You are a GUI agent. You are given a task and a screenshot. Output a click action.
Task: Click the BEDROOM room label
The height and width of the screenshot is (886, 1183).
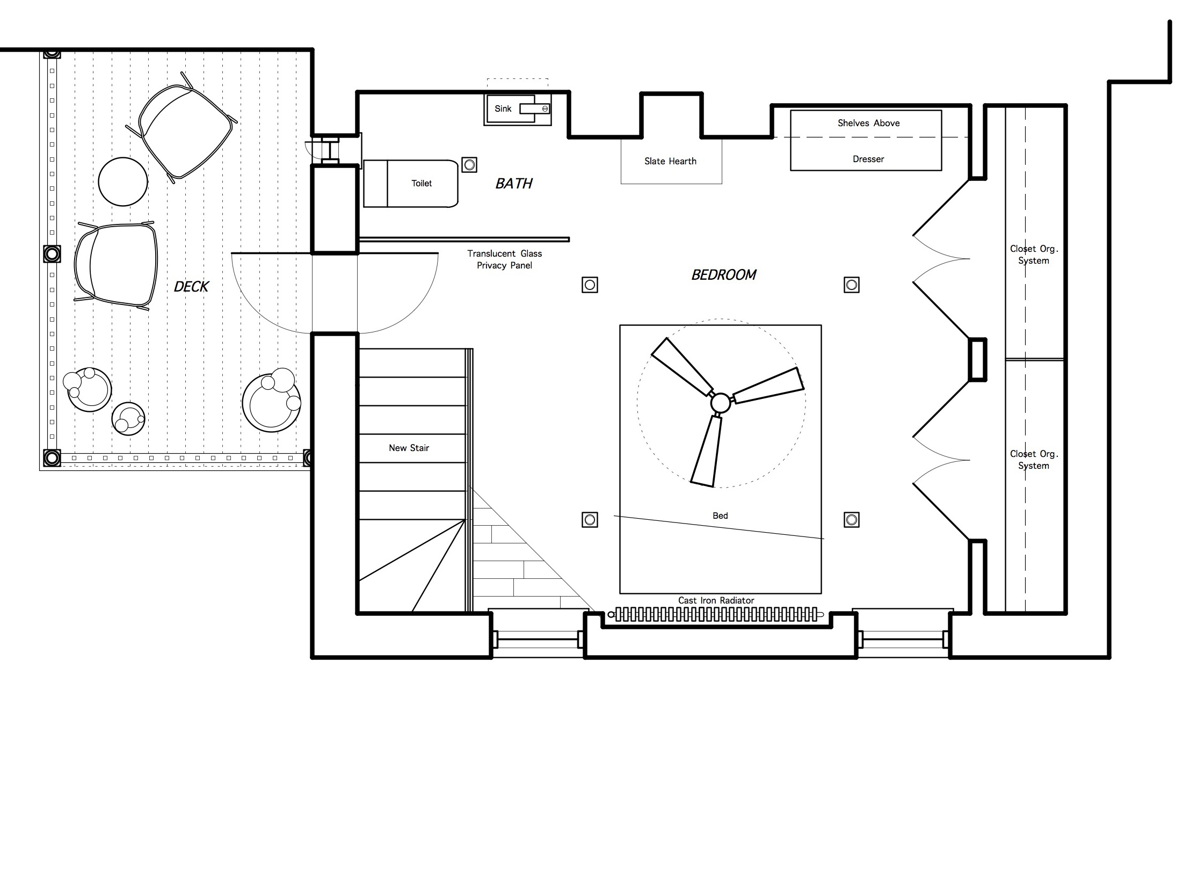(x=724, y=275)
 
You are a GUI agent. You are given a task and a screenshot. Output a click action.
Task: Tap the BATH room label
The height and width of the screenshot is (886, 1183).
(x=514, y=184)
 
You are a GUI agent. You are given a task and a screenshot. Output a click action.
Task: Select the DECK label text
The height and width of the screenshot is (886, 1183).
(x=191, y=287)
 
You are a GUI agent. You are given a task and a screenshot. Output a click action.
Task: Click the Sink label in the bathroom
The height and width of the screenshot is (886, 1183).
(x=503, y=108)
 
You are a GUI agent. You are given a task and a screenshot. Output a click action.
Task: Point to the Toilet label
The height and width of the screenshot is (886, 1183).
(x=422, y=183)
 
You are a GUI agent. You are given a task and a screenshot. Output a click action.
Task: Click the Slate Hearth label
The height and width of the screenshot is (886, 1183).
(x=670, y=161)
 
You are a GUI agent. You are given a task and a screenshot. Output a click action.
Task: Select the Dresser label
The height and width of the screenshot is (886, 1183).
(x=868, y=159)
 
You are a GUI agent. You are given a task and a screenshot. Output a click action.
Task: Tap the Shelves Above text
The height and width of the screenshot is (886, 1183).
(x=868, y=123)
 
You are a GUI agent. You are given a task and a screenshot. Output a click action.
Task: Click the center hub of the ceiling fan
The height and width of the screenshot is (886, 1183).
(x=720, y=402)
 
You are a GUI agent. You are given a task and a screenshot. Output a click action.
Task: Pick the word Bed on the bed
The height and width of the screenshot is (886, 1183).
(x=720, y=515)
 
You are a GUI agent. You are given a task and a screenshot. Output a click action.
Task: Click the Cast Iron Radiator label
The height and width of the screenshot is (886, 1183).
(x=716, y=600)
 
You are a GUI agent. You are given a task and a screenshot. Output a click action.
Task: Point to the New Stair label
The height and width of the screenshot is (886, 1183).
(x=409, y=448)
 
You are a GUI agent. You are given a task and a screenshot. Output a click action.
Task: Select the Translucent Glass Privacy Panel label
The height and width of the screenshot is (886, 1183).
(x=504, y=259)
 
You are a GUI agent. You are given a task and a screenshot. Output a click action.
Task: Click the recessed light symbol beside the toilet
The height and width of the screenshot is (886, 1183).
(x=469, y=165)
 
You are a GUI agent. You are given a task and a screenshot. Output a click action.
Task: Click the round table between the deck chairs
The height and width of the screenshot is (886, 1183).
(x=123, y=181)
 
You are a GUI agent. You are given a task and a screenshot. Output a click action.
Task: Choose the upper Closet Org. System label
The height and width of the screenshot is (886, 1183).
(x=1034, y=255)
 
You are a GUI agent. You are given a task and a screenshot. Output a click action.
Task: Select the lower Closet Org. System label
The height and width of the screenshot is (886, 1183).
(x=1034, y=460)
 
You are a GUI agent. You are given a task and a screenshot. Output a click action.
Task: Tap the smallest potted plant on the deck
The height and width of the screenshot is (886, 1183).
(x=128, y=419)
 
